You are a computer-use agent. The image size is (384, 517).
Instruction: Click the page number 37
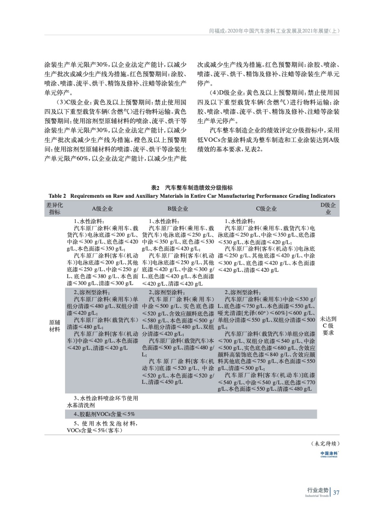(x=336, y=493)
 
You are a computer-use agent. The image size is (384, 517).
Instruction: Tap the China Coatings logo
(x=329, y=454)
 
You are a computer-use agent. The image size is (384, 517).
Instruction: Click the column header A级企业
(x=102, y=209)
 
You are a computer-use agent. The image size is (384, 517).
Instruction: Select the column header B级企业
(x=178, y=209)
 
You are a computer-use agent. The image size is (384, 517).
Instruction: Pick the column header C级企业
(x=266, y=209)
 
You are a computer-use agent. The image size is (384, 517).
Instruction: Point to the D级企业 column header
(x=328, y=209)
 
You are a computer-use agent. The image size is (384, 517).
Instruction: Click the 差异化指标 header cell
(x=55, y=209)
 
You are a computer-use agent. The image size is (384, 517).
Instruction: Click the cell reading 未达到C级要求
(x=328, y=326)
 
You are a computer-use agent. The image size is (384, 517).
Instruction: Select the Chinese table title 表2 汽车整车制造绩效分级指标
(x=192, y=188)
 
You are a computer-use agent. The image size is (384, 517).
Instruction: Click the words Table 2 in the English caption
(x=57, y=196)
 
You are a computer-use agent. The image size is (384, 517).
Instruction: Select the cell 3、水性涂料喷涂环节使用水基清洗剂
(x=102, y=402)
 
